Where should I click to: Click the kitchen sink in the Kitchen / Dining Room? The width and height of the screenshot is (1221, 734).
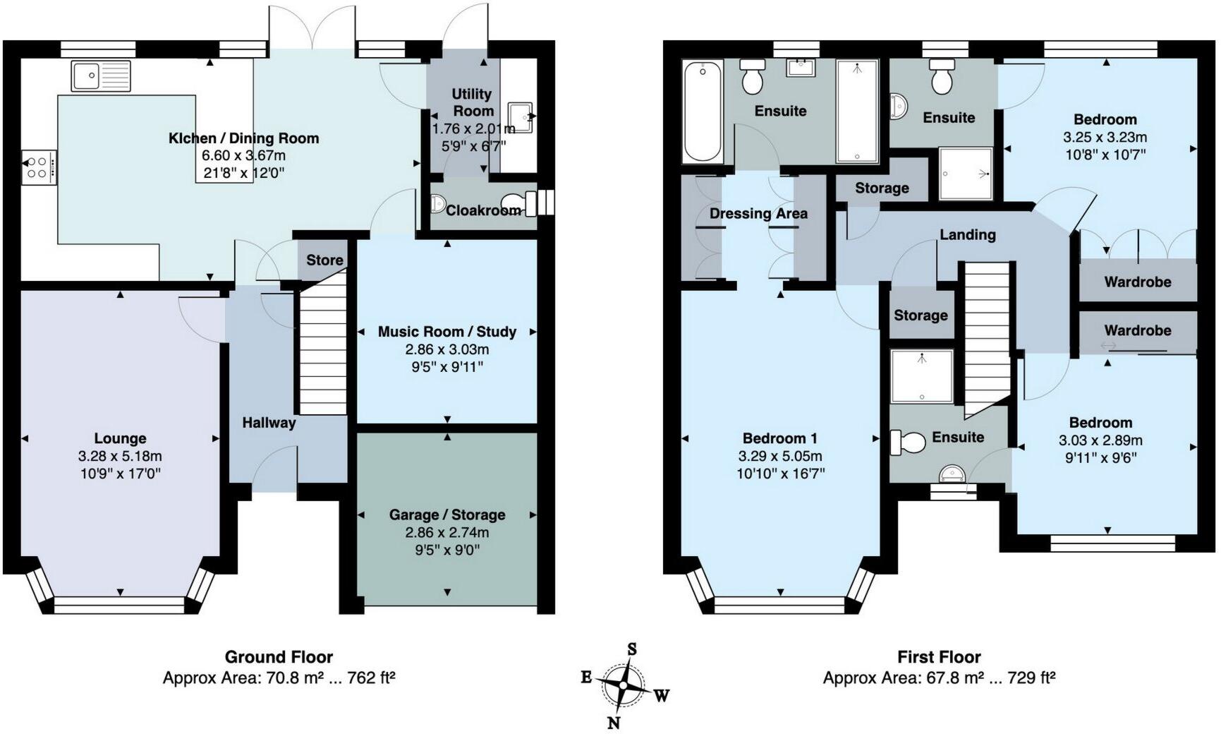101,76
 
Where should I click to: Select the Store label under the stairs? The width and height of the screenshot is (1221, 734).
324,260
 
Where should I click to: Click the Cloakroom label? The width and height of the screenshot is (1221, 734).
483,210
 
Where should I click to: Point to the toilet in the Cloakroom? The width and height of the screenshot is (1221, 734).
518,204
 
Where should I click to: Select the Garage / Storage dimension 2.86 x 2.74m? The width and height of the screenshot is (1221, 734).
447,533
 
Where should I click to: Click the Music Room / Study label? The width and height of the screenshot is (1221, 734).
447,332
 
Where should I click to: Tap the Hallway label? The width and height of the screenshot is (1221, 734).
269,423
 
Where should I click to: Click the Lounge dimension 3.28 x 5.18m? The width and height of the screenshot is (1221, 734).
120,456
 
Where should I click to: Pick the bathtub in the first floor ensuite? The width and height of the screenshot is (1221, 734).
703,111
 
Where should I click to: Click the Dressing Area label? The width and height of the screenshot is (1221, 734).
758,213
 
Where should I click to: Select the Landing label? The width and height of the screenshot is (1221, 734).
967,234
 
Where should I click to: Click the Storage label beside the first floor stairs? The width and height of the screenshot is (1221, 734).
921,315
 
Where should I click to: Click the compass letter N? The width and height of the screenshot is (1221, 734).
613,722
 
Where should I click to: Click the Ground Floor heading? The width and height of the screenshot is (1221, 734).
279,657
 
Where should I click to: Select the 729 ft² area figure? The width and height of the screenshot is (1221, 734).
1031,678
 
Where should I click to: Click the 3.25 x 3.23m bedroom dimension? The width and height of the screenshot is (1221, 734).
1105,137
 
